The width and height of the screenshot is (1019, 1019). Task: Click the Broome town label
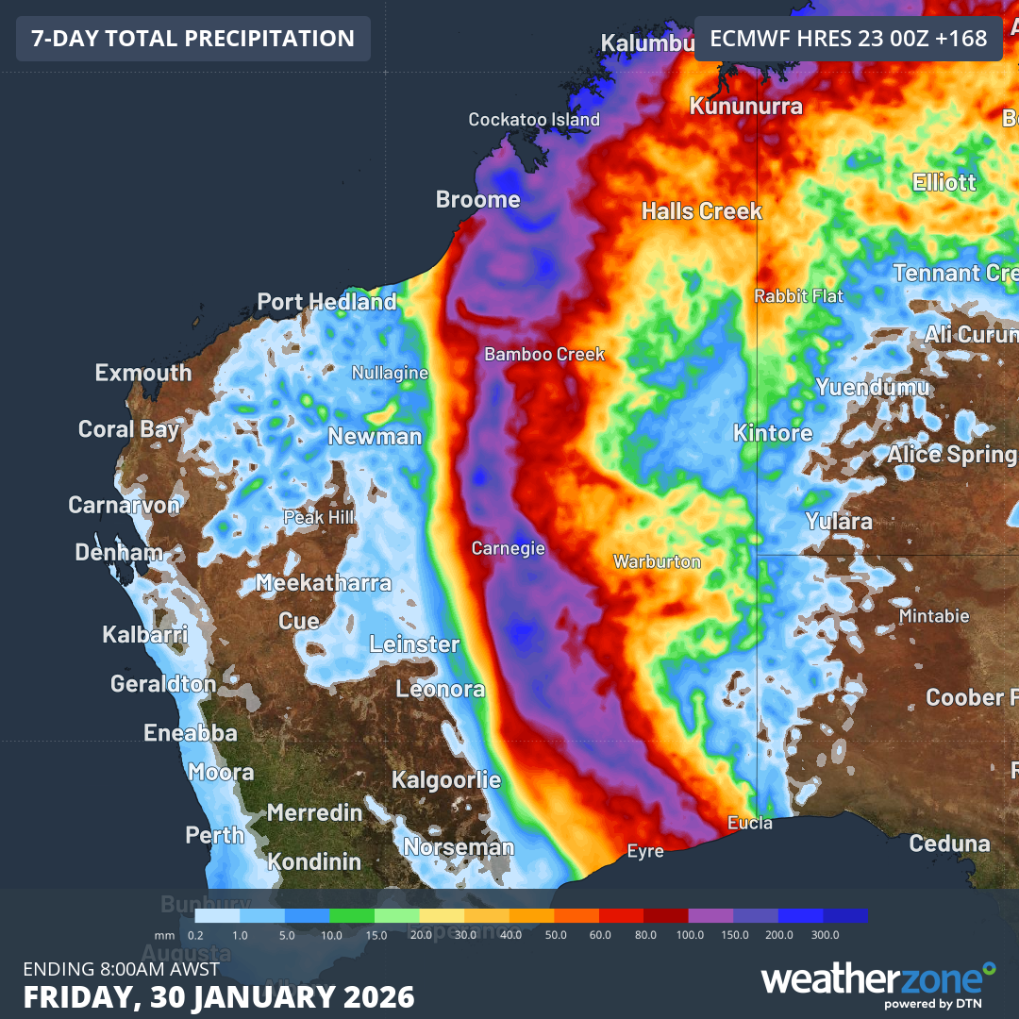[x=477, y=199]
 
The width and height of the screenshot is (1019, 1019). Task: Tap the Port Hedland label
[x=326, y=302]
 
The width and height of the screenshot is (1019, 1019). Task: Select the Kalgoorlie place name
[x=446, y=780]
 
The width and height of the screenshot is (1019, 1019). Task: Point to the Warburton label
[x=657, y=561]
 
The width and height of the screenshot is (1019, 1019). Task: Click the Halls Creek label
[x=701, y=210]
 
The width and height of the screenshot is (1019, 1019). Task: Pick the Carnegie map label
[x=509, y=548]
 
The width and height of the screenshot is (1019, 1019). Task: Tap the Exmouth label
[x=143, y=373]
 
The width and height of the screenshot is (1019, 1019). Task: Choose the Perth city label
[x=214, y=835]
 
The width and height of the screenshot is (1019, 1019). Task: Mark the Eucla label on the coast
[x=750, y=824]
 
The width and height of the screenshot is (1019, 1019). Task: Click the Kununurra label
[x=745, y=106]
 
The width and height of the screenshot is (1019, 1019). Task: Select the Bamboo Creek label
[x=544, y=354]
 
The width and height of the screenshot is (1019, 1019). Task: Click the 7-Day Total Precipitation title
[x=193, y=39]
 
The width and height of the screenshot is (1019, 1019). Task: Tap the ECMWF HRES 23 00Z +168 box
[x=848, y=39]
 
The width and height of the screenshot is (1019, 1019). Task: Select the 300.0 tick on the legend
[x=825, y=934]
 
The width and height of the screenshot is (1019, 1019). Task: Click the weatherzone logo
[x=877, y=981]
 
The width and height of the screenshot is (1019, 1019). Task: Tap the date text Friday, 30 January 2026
[x=219, y=996]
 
